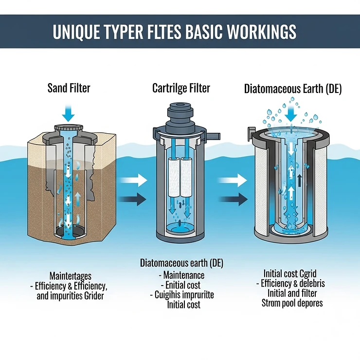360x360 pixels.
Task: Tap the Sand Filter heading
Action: (69, 89)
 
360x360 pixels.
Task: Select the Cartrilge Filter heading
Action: (181, 89)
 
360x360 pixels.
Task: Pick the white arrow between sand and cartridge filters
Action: (134, 181)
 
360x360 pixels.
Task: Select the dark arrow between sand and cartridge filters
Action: (134, 198)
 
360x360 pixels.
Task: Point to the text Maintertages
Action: (71, 275)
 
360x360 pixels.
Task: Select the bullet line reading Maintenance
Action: (181, 275)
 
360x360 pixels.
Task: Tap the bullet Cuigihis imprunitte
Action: (181, 295)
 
